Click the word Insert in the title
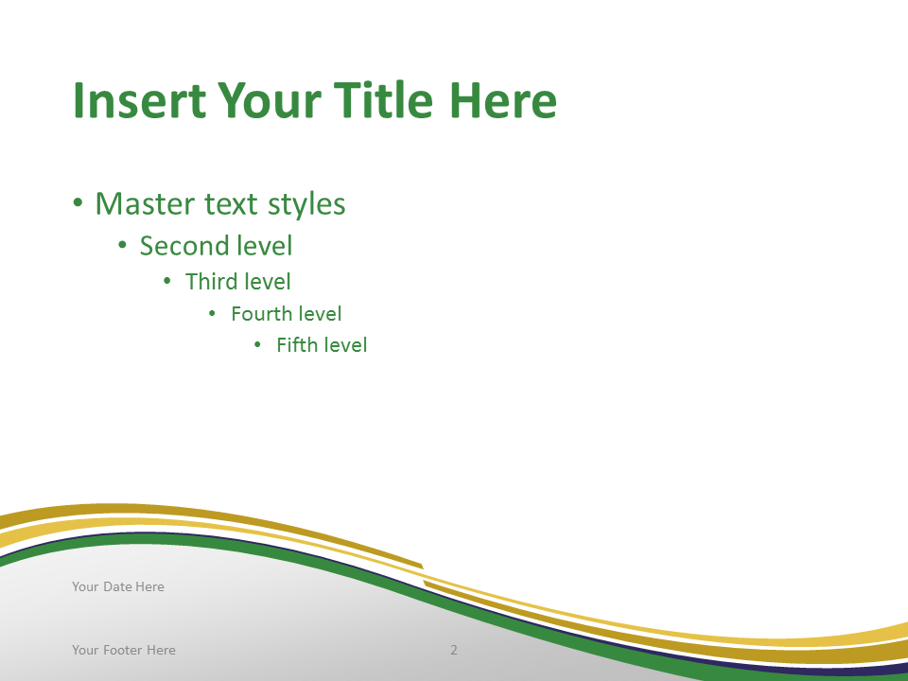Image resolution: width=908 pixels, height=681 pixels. tap(139, 99)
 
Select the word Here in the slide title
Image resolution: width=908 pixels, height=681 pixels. tap(502, 99)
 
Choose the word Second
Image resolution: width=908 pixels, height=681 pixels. tap(183, 246)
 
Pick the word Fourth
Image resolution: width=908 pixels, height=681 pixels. tap(261, 314)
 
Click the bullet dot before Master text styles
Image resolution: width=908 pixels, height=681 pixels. tap(79, 203)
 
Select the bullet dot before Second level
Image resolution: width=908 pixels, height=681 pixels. tap(122, 246)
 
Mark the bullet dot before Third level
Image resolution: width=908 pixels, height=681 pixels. tap(167, 282)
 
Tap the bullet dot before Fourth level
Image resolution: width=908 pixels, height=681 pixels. tap(212, 314)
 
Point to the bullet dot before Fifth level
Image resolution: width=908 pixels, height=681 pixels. tap(257, 345)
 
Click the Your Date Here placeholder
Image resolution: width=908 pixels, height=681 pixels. tap(118, 586)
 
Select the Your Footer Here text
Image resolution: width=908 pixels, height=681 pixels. tap(124, 651)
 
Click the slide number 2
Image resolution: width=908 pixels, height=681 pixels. tap(454, 651)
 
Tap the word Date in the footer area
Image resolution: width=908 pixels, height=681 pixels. tap(117, 586)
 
